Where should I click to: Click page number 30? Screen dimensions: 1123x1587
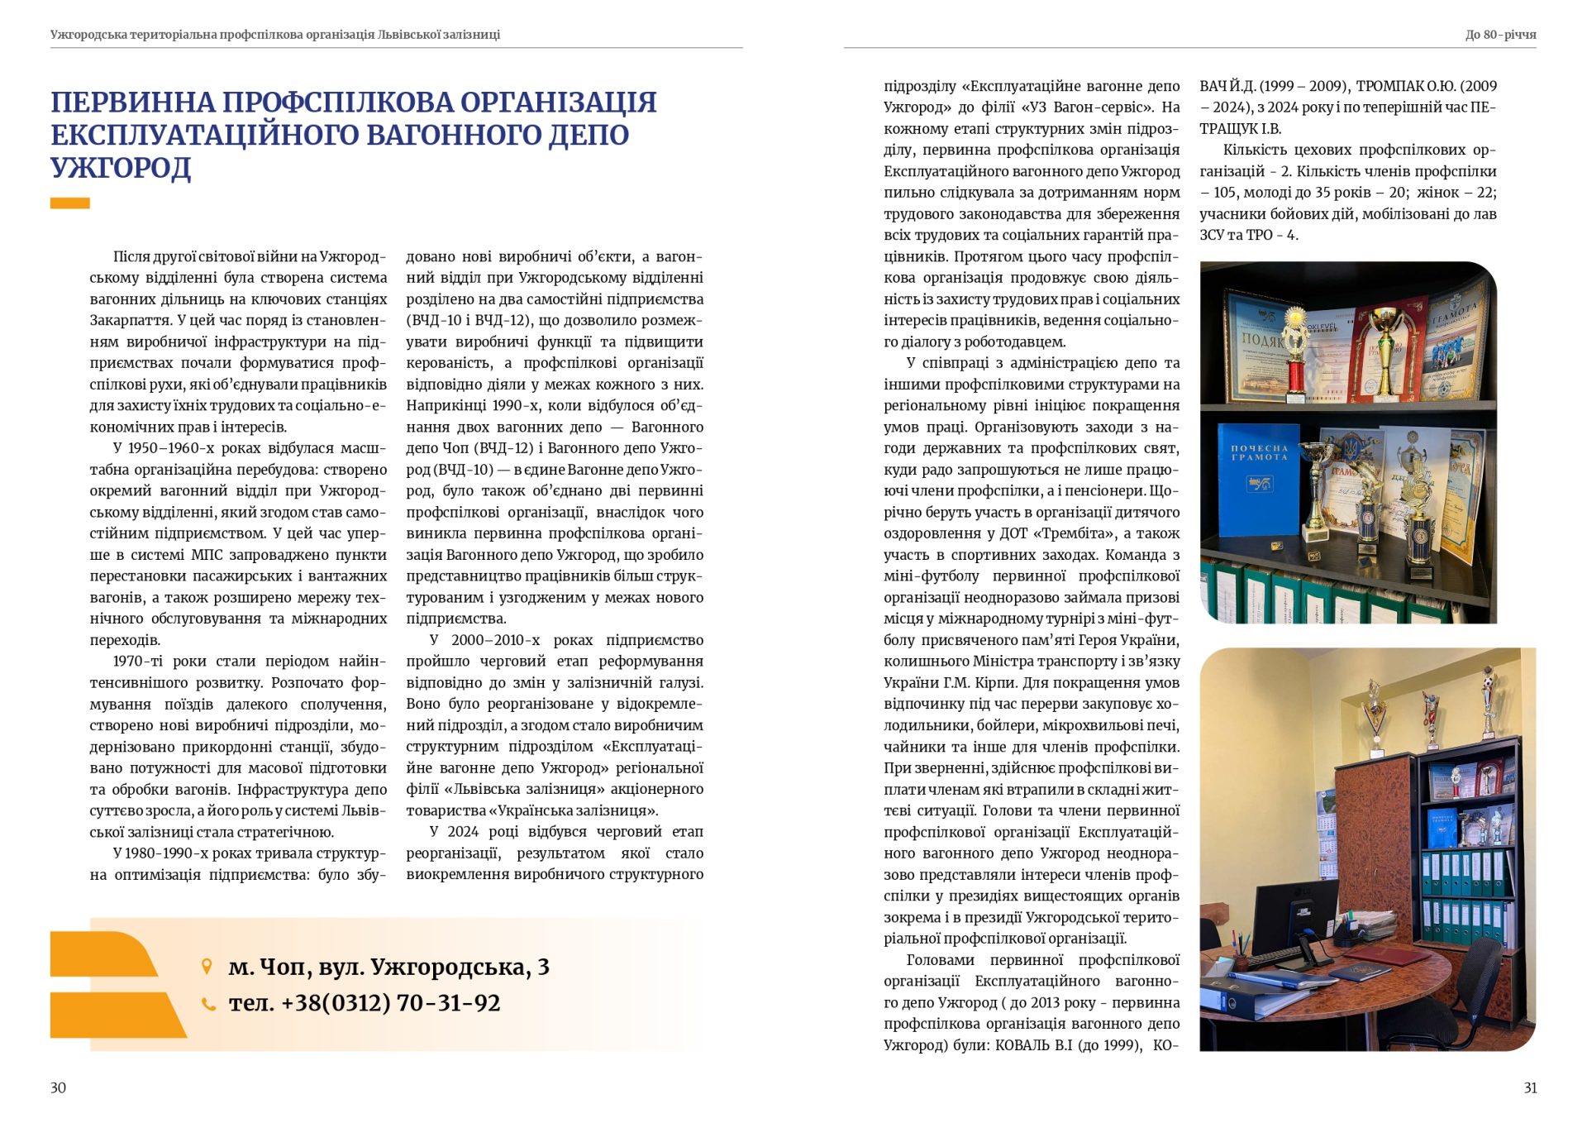tap(58, 1087)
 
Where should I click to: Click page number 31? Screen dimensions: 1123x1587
tap(1530, 1087)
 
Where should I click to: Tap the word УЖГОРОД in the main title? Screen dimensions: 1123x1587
tap(121, 168)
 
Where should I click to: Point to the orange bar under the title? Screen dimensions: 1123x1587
tap(70, 203)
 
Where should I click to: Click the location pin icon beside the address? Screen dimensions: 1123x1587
tap(207, 966)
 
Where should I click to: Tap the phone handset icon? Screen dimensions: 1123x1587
tap(208, 1003)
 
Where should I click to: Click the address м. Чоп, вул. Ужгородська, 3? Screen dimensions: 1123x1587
tap(388, 967)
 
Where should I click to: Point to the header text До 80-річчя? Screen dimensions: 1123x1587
tap(1500, 35)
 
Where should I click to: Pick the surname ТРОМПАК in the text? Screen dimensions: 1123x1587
tap(1389, 86)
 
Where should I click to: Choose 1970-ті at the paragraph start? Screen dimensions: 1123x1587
tap(138, 662)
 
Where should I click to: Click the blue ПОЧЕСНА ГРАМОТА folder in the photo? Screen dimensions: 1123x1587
tap(1259, 488)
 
